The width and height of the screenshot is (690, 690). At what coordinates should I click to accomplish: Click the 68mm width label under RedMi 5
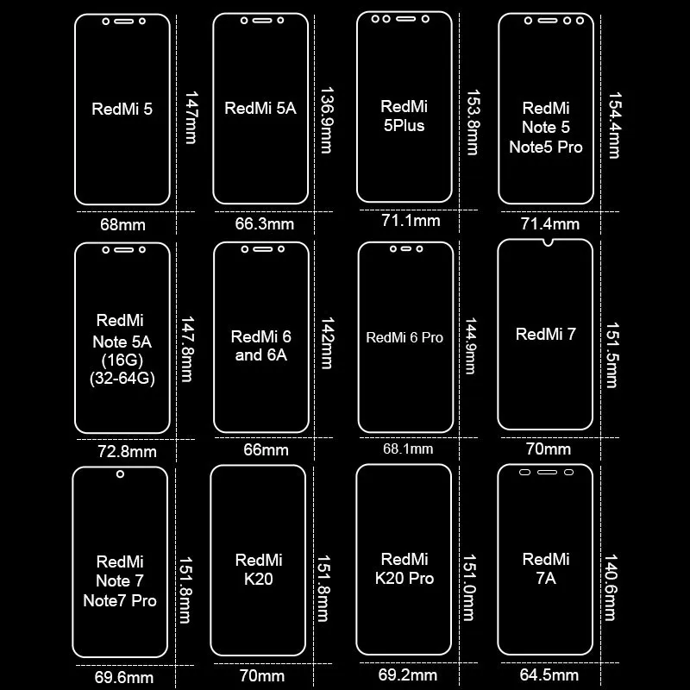coord(122,224)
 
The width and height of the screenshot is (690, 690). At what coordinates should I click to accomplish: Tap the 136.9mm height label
coord(326,119)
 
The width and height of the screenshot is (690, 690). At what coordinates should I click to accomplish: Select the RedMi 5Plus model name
coord(404,116)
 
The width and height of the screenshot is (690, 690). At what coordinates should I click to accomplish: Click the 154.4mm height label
coord(614,125)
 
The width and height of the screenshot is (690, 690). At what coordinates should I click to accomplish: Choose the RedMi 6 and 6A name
coord(261,345)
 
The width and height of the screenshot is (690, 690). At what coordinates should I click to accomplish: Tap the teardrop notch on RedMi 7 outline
coord(545,246)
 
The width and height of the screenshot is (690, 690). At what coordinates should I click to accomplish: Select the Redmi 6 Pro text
coord(405,337)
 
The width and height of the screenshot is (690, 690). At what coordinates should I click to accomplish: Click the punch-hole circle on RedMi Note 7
coord(120,474)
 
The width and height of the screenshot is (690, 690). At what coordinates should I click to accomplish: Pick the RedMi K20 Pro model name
coord(404,569)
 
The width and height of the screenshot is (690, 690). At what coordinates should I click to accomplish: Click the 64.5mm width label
coord(548,675)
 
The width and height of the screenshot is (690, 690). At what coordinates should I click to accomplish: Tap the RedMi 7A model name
coord(546,569)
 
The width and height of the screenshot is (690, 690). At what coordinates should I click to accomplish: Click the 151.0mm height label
coord(469,586)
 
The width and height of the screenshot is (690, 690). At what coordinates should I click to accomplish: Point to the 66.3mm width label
coord(264,224)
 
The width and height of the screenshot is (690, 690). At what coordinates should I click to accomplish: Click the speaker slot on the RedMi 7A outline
coord(546,474)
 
